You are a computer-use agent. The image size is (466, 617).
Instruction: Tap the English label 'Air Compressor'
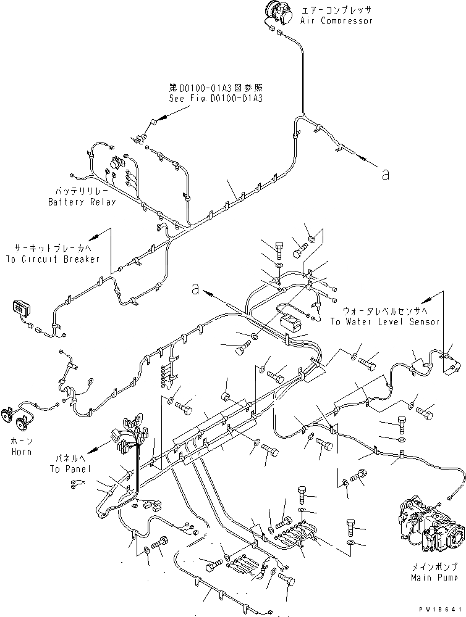pyautogui.click(x=337, y=21)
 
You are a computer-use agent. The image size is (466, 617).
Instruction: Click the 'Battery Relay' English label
pyautogui.click(x=82, y=202)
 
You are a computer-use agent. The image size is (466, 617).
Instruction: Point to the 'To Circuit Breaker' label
pyautogui.click(x=53, y=259)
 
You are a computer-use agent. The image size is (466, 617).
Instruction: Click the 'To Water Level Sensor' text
pyautogui.click(x=384, y=321)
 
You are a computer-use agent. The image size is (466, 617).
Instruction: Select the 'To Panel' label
pyautogui.click(x=70, y=469)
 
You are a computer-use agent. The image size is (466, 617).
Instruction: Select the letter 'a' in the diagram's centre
pyautogui.click(x=195, y=288)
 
